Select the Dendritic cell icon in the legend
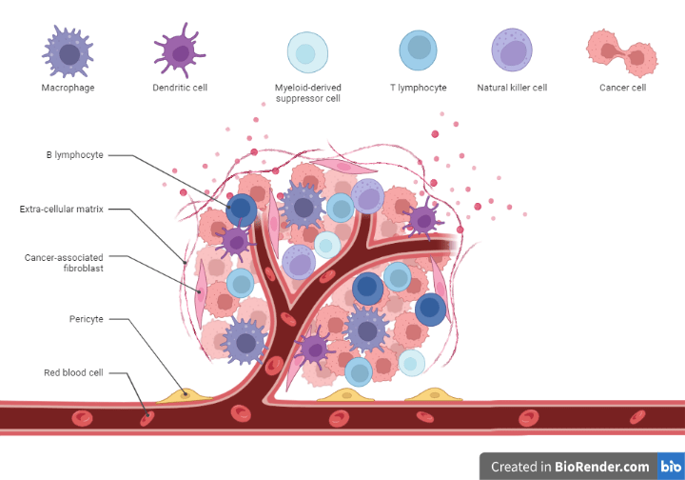coord(179,50)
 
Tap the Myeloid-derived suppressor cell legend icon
coord(307,51)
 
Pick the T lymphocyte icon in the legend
coord(418,50)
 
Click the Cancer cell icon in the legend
coord(622,52)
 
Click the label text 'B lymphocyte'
coord(74,154)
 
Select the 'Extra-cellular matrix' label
coord(61,208)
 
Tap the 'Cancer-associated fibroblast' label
coord(64,263)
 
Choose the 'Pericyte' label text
coord(86,318)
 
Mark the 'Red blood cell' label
coord(73,372)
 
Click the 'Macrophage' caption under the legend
coord(68,88)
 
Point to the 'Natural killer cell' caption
coord(512,88)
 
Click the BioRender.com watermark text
coord(570,467)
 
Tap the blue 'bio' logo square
coord(670,467)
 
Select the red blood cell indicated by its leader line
coord(146,416)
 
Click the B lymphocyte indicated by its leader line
coord(242,209)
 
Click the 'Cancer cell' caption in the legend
coord(622,88)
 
